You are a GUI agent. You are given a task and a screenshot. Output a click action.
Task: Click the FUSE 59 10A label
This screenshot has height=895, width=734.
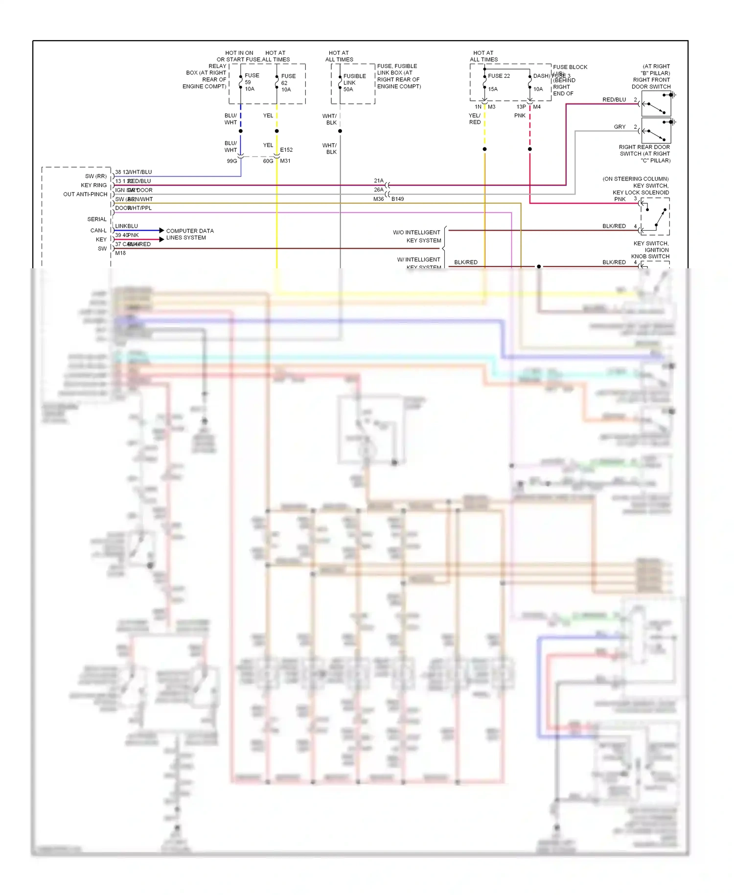[x=252, y=82]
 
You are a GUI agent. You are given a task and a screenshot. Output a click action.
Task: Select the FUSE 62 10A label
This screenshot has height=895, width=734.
[x=288, y=83]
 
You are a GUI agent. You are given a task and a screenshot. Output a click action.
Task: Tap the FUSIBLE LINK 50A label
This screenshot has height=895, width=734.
[x=354, y=83]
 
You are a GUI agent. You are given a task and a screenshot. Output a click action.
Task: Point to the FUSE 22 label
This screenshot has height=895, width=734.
[x=499, y=76]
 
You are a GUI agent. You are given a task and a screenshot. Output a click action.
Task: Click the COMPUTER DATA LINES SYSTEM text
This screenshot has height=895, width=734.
[x=189, y=234]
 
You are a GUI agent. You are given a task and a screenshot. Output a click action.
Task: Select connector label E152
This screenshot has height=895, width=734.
[x=286, y=150]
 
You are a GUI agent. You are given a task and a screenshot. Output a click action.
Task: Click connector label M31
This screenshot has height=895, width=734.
[x=285, y=161]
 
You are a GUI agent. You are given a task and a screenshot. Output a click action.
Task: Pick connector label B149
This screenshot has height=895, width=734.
[x=397, y=199]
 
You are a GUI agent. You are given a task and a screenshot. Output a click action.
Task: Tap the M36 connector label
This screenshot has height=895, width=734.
[x=378, y=199]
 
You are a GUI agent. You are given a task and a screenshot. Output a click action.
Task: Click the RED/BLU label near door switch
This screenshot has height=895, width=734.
[x=614, y=100]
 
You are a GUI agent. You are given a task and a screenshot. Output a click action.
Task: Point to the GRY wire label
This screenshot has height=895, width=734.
[x=619, y=127]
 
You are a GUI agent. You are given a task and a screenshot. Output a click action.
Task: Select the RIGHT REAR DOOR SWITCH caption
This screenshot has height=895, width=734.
[x=644, y=154]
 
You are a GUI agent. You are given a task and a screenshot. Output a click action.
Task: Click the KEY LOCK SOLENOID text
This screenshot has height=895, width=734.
[x=641, y=192]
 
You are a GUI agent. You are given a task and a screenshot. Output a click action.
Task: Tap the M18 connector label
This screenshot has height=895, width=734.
[x=120, y=253]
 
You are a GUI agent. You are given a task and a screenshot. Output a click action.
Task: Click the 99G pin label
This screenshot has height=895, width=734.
[x=231, y=161]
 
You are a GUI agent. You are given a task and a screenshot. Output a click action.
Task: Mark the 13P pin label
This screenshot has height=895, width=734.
[x=521, y=107]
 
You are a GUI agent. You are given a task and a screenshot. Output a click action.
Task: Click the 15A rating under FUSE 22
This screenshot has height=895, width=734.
[x=493, y=89]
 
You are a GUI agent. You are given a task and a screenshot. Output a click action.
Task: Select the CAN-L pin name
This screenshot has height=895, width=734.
[x=98, y=231]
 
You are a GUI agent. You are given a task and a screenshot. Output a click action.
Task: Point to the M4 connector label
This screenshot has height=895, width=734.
[x=537, y=107]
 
